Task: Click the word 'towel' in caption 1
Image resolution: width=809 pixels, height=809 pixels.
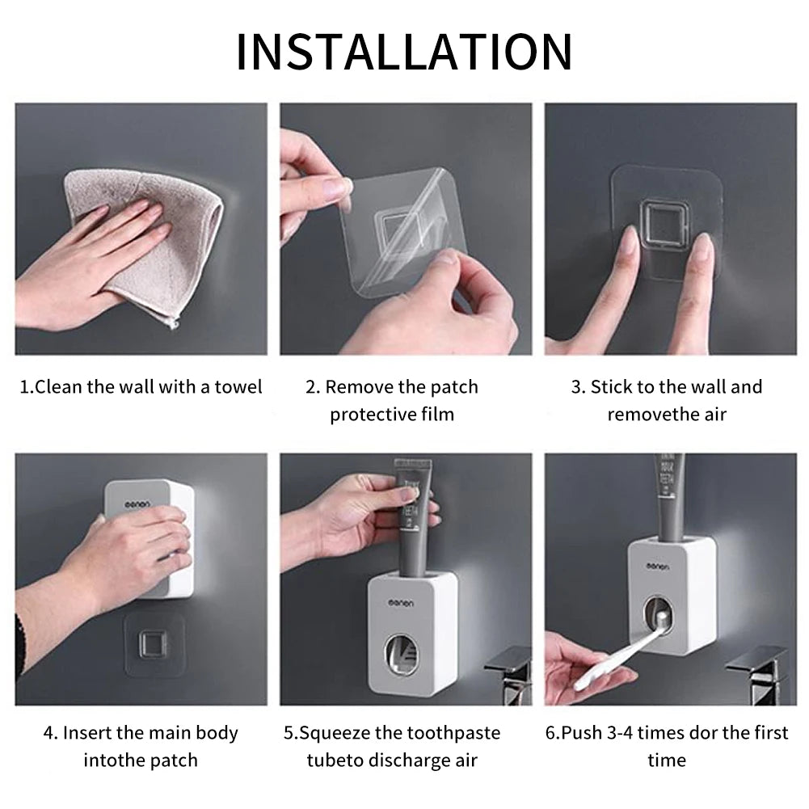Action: pos(238,387)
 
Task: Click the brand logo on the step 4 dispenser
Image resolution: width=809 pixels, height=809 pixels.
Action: pos(138,504)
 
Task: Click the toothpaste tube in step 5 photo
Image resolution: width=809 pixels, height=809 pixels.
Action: pos(412,517)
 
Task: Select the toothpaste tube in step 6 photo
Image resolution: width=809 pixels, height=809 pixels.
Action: pos(669,493)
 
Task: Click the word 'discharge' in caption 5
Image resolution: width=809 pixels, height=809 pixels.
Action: pos(414,761)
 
